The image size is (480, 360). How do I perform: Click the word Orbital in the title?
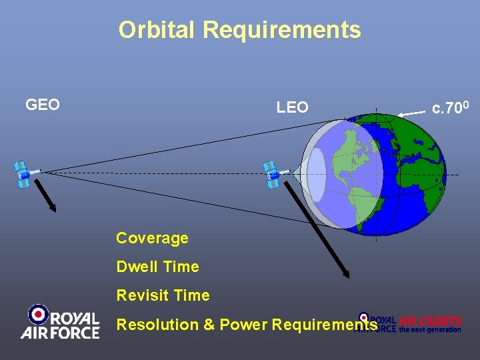point(157,30)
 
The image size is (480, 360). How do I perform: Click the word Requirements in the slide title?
point(281,30)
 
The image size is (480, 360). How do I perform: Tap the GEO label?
point(43,105)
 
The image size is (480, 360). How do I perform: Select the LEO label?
point(293,107)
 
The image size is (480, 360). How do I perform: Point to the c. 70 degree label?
point(452,107)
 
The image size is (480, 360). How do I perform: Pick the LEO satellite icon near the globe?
point(273,174)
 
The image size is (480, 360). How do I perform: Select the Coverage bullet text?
point(152,238)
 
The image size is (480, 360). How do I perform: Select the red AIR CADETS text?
point(430,321)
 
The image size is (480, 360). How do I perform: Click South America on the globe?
point(364,200)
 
